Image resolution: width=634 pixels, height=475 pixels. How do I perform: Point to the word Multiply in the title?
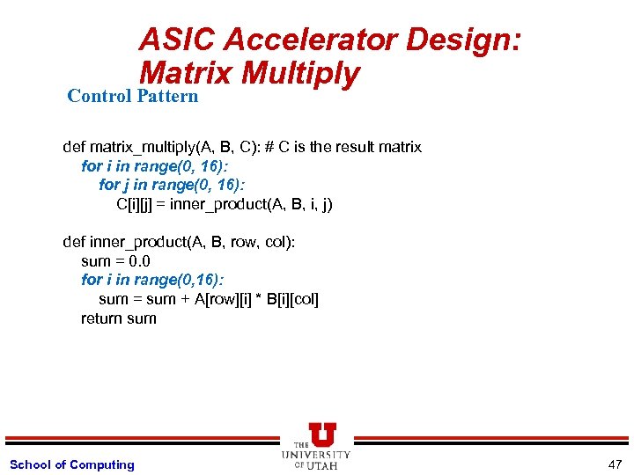click(300, 73)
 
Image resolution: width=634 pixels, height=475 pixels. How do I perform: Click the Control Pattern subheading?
click(133, 96)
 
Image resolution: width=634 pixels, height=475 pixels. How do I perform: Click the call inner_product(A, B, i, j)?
click(251, 204)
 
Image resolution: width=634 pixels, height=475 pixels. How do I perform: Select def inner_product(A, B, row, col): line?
click(179, 242)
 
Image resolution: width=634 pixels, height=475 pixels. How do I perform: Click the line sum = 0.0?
click(115, 261)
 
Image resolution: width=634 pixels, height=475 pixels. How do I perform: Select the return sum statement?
click(118, 318)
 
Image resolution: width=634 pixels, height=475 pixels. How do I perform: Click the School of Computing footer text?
click(71, 464)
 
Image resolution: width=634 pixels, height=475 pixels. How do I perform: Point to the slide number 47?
click(614, 464)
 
